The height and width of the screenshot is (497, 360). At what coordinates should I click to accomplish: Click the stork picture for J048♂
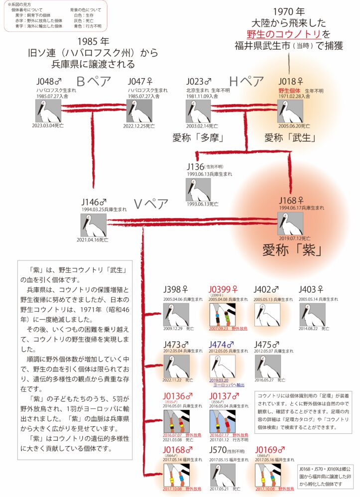pyautogui.click(x=48, y=111)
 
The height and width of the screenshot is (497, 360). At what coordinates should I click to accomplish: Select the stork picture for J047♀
pyautogui.click(x=139, y=111)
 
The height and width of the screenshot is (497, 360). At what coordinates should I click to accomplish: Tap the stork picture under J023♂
pyautogui.click(x=198, y=111)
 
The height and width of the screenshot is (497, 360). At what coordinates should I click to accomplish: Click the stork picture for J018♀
pyautogui.click(x=290, y=111)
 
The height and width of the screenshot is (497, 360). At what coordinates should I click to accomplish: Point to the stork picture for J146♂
pyautogui.click(x=93, y=225)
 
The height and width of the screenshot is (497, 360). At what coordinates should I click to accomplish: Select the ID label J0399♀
pyautogui.click(x=224, y=289)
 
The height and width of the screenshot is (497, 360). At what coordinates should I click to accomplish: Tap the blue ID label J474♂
pyautogui.click(x=223, y=344)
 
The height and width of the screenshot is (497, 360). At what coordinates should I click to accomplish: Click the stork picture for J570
pyautogui.click(x=222, y=475)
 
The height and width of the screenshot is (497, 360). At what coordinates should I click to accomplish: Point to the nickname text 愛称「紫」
pyautogui.click(x=291, y=249)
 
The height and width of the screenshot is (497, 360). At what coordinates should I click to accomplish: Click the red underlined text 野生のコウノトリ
pyautogui.click(x=284, y=34)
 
